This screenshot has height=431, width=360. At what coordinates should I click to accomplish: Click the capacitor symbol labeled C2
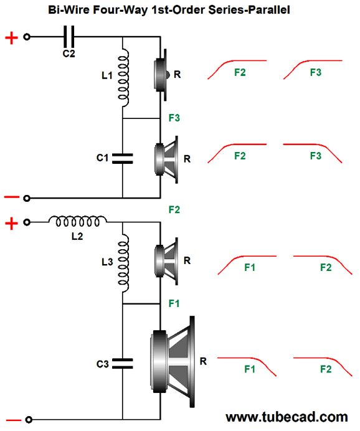[69, 37]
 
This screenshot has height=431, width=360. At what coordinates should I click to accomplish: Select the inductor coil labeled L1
[123, 78]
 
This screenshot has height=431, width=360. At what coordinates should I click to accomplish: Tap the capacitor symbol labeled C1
[123, 159]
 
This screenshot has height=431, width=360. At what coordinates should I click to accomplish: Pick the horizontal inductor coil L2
[78, 221]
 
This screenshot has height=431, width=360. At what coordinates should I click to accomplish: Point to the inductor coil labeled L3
[123, 263]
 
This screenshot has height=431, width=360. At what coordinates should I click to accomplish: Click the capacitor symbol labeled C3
[123, 363]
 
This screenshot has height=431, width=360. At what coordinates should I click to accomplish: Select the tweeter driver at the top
[161, 75]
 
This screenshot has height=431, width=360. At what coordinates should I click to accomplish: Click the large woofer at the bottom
[173, 362]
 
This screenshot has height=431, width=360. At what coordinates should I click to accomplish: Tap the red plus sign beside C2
[12, 37]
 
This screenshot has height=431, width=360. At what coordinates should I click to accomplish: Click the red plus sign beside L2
[12, 223]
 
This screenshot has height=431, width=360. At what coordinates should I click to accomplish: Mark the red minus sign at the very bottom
[13, 420]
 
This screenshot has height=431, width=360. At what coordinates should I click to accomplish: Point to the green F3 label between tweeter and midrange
[174, 118]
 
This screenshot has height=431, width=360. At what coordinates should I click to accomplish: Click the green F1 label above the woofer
[174, 303]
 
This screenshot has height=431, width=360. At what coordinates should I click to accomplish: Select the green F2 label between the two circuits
[174, 210]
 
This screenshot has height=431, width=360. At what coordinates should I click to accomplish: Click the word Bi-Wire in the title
[69, 10]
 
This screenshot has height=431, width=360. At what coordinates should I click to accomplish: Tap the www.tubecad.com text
[287, 417]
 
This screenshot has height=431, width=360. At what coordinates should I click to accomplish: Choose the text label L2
[77, 236]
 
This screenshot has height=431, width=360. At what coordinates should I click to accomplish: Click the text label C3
[103, 364]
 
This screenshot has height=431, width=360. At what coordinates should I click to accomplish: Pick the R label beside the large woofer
[203, 361]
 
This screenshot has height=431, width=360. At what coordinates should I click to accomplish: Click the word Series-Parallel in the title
[249, 10]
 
